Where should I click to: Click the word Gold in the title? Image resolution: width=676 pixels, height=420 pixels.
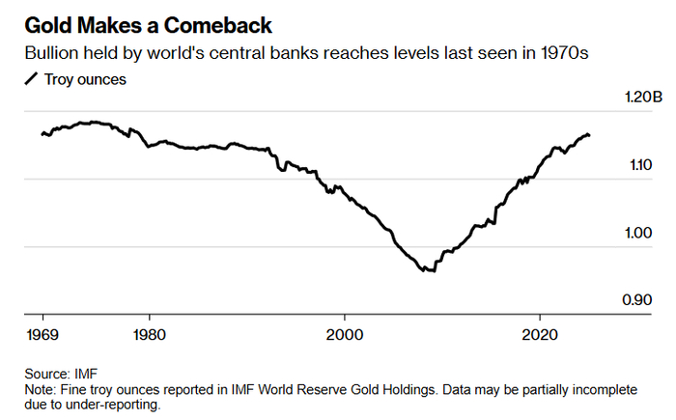46,24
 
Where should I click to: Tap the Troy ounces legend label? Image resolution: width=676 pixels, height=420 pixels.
84,79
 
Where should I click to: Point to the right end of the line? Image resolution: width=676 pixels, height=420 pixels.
590,135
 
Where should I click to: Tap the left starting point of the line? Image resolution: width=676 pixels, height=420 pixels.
42,133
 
